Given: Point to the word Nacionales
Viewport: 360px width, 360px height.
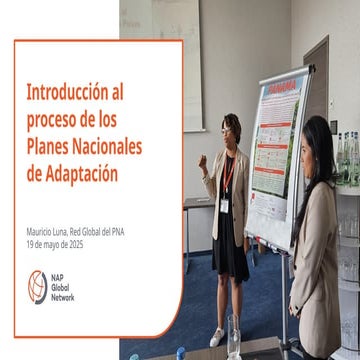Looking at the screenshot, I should (x=110, y=146).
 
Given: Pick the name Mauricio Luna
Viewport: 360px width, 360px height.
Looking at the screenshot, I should (x=51, y=232).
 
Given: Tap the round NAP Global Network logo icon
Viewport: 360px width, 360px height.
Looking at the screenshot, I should (x=37, y=287).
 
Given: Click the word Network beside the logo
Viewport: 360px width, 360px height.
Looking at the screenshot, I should (x=63, y=297).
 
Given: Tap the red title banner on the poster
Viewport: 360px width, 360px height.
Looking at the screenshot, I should (x=283, y=88).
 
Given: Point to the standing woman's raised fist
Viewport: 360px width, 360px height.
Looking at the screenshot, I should (x=203, y=159).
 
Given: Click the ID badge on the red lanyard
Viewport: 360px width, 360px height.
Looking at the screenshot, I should (x=225, y=204).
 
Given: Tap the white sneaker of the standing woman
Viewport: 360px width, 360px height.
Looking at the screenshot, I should (x=217, y=337).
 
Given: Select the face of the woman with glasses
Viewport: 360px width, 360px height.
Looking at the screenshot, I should (x=230, y=131).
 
